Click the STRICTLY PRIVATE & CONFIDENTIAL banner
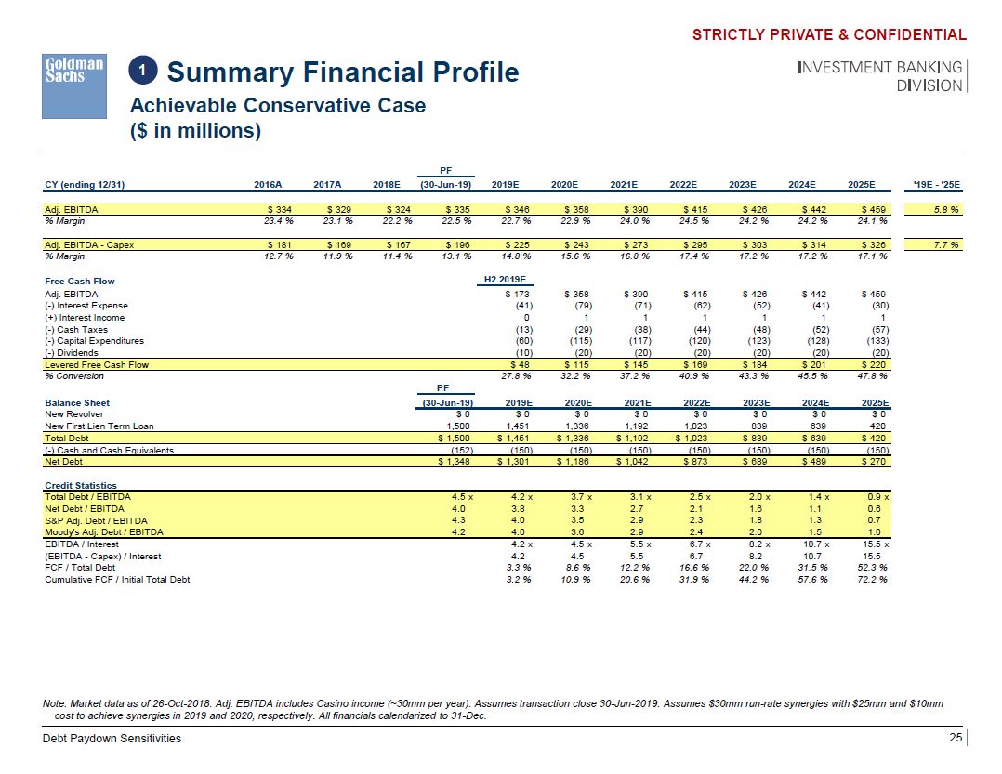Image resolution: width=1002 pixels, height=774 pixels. [x=829, y=35]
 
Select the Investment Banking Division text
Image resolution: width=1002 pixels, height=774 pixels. [x=879, y=76]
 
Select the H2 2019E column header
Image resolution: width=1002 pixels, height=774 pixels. [x=505, y=280]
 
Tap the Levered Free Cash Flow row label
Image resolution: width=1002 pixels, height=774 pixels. [x=97, y=364]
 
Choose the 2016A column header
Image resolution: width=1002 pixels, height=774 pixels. [x=270, y=185]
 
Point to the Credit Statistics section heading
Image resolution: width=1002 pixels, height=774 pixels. [x=81, y=486]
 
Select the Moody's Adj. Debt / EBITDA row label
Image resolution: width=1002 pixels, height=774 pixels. [x=104, y=532]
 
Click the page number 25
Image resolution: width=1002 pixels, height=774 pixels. [x=955, y=738]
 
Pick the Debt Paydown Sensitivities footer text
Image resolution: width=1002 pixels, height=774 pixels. [x=112, y=739]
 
